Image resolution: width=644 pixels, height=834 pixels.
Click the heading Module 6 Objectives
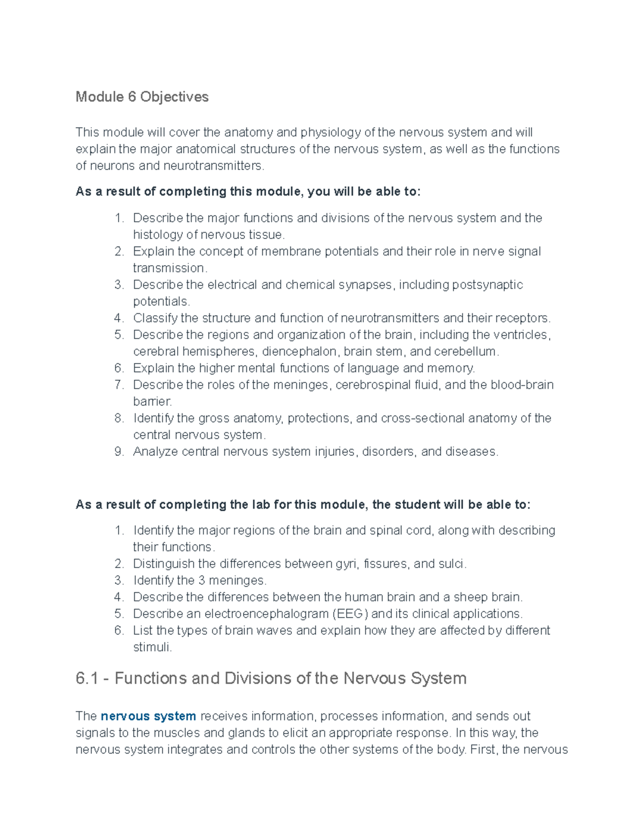[142, 97]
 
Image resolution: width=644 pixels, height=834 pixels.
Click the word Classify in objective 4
[155, 318]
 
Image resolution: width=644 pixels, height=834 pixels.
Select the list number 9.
[119, 451]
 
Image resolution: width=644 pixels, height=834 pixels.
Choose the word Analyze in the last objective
[155, 451]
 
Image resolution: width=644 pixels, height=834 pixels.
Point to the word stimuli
[152, 647]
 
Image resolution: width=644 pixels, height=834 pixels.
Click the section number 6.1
[87, 678]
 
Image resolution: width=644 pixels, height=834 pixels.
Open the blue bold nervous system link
[148, 716]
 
